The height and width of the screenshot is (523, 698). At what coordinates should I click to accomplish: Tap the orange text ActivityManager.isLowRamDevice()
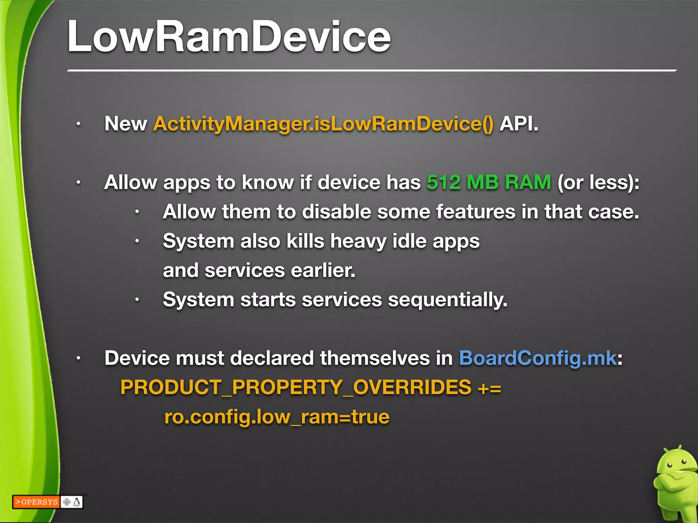(x=323, y=124)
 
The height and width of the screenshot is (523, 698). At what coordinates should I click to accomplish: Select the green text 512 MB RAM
(x=489, y=182)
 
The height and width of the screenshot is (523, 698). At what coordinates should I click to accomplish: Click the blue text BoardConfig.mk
(x=538, y=358)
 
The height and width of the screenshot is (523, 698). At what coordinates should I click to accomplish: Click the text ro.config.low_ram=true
(x=277, y=417)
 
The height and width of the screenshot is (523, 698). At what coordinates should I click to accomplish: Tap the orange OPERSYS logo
(x=36, y=502)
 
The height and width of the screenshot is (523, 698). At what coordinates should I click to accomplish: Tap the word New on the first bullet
(x=125, y=124)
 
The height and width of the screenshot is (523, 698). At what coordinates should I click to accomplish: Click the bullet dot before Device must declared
(x=78, y=359)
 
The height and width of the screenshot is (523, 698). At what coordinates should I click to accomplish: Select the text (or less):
(x=598, y=182)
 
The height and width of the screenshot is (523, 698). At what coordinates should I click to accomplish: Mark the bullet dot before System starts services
(x=137, y=300)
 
